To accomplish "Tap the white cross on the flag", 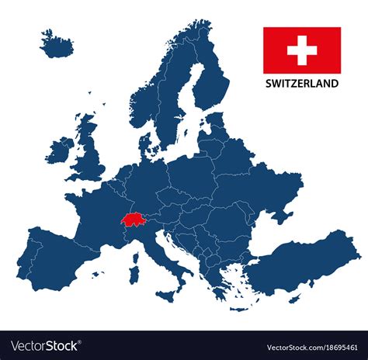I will [301, 51].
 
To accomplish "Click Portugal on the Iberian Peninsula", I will [33, 255].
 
